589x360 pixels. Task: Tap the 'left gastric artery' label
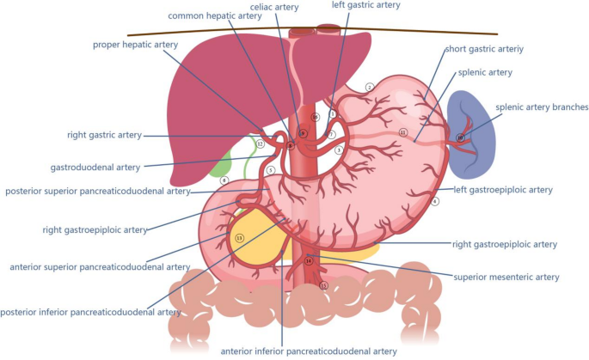click(366, 5)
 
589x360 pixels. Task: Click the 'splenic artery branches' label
click(542, 107)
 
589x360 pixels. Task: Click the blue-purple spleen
click(473, 129)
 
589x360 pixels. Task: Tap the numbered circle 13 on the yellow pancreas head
click(239, 237)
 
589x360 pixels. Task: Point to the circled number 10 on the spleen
click(460, 137)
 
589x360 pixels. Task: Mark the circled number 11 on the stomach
click(402, 132)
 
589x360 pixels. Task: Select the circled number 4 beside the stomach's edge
click(436, 202)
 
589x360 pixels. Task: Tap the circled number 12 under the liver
click(259, 144)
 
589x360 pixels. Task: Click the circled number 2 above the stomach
click(369, 87)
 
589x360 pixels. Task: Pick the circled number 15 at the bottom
click(323, 285)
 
